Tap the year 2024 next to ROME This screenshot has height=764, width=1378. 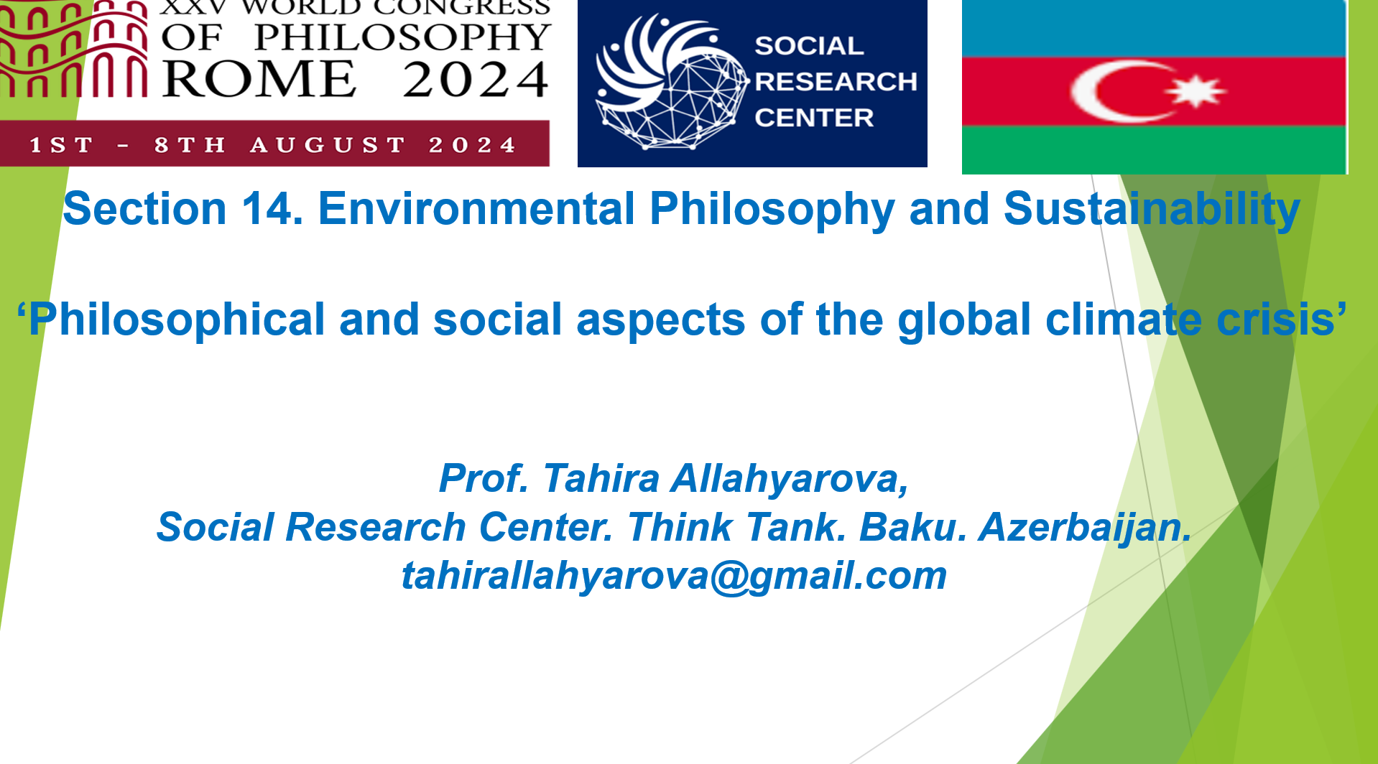coord(476,79)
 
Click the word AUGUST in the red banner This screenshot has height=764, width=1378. coord(328,145)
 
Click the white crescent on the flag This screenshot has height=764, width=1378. coord(1110,91)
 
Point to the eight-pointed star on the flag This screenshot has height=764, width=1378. coord(1196,91)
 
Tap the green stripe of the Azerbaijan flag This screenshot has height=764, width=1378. coord(1154,149)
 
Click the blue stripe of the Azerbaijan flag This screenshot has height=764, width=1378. coord(1154,29)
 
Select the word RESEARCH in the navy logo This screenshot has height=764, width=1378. coord(836,82)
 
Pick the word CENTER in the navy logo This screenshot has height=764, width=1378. coord(814,118)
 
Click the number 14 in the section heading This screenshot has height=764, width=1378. coord(272,209)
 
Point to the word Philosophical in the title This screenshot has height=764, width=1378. coord(177,320)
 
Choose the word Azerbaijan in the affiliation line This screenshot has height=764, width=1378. coord(1085,528)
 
